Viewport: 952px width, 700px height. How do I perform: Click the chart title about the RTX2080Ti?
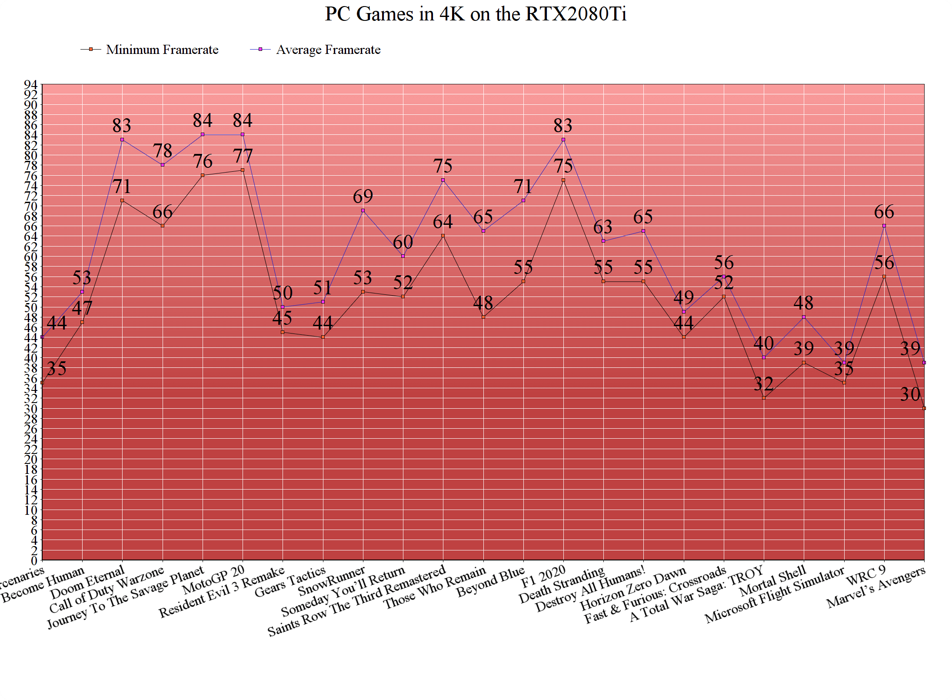pos(476,14)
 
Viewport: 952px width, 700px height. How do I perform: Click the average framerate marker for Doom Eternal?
pos(122,140)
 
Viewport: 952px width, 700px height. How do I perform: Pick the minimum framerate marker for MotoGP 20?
pos(243,170)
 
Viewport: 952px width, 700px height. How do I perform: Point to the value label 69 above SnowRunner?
pos(363,197)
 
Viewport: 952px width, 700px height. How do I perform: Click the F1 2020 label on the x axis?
pos(543,576)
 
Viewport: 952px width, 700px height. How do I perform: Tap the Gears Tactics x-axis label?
pos(290,582)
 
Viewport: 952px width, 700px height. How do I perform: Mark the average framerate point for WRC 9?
pos(884,226)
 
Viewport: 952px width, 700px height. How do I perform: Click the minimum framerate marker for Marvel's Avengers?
pos(924,408)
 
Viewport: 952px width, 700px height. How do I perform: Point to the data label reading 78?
pos(163,151)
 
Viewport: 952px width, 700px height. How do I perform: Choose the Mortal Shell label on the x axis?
pos(772,581)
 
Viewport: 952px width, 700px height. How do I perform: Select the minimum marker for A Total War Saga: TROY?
pos(764,398)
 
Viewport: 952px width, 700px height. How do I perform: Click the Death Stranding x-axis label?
pos(562,585)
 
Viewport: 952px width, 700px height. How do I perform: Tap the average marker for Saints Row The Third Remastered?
pos(443,180)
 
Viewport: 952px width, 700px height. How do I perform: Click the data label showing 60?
pos(403,242)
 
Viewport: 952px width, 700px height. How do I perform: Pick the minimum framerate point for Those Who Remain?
pos(483,317)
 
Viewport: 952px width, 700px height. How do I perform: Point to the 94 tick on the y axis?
pos(30,84)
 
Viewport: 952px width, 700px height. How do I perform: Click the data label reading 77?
pos(243,156)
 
